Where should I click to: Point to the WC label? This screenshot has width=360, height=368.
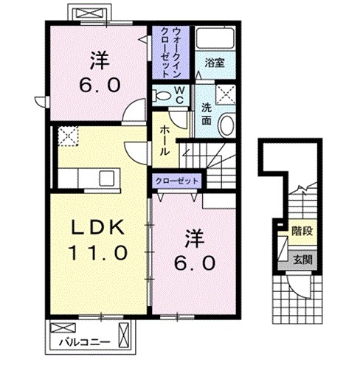tap(179, 94)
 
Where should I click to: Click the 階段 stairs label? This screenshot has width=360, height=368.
tap(302, 232)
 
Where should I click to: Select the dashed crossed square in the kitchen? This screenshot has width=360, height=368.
tap(68, 136)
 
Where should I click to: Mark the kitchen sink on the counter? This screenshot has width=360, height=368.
tap(105, 177)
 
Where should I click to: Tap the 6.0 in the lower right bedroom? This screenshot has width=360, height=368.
tap(193, 262)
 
